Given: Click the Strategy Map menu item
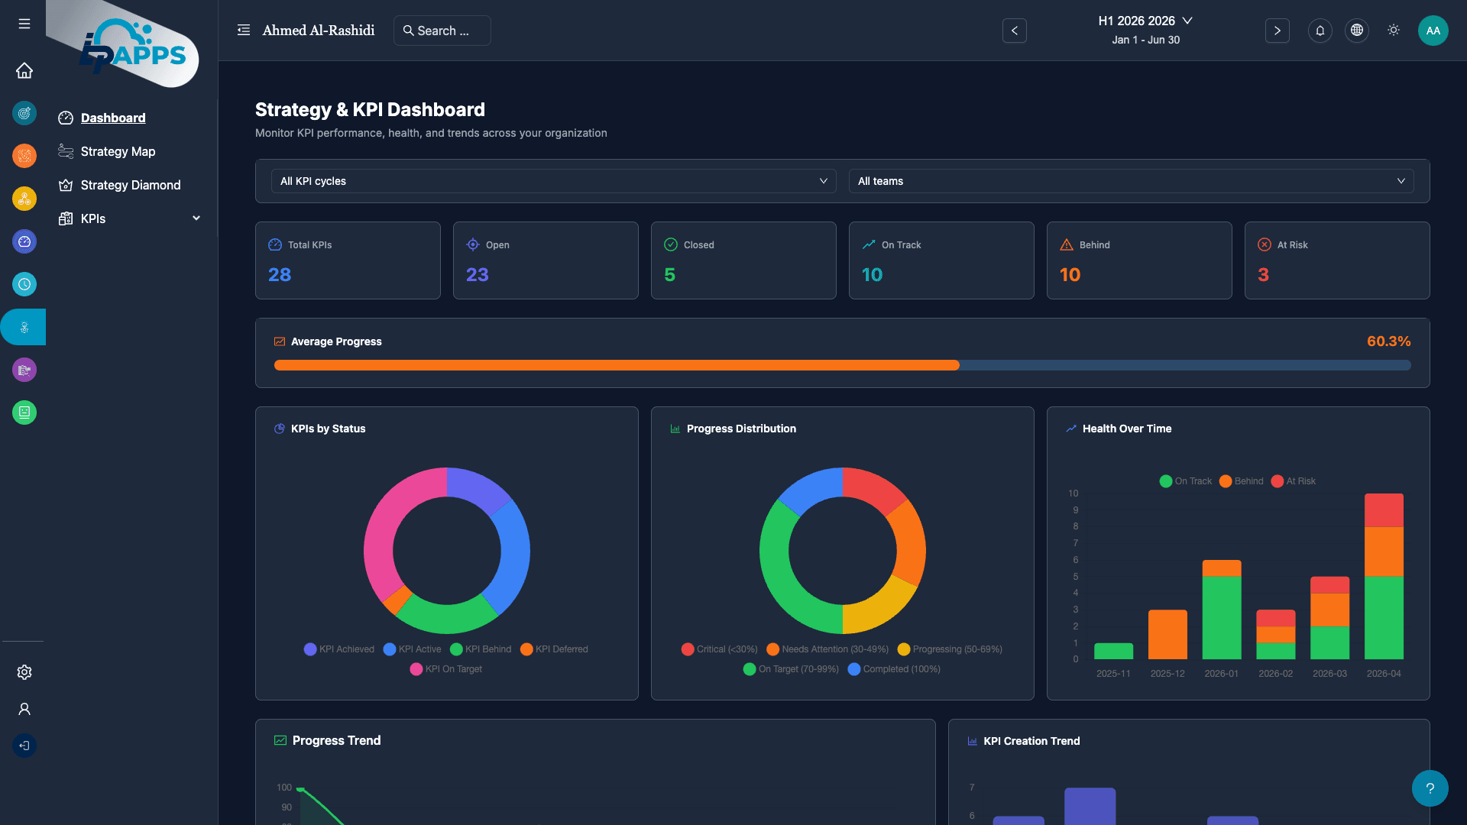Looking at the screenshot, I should (x=118, y=151).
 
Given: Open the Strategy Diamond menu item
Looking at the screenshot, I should (x=130, y=185).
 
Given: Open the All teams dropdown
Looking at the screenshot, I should (x=1130, y=181).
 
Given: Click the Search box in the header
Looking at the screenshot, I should (x=442, y=31).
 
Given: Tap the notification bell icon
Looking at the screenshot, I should (x=1320, y=31).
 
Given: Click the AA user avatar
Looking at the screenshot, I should (x=1433, y=31).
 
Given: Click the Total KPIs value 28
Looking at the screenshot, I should (x=280, y=275).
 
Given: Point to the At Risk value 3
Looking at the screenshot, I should (x=1263, y=275).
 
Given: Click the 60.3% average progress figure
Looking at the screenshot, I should (x=1388, y=341).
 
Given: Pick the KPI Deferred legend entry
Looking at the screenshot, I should (x=554, y=649).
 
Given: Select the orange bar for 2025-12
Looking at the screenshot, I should (x=1167, y=634).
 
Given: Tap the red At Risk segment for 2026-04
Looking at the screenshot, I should (x=1384, y=510).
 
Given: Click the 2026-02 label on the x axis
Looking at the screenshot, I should (x=1275, y=674).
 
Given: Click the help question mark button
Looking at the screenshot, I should (x=1430, y=788).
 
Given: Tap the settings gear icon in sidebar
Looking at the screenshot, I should (x=24, y=672).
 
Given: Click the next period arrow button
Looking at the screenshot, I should (x=1277, y=31).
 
